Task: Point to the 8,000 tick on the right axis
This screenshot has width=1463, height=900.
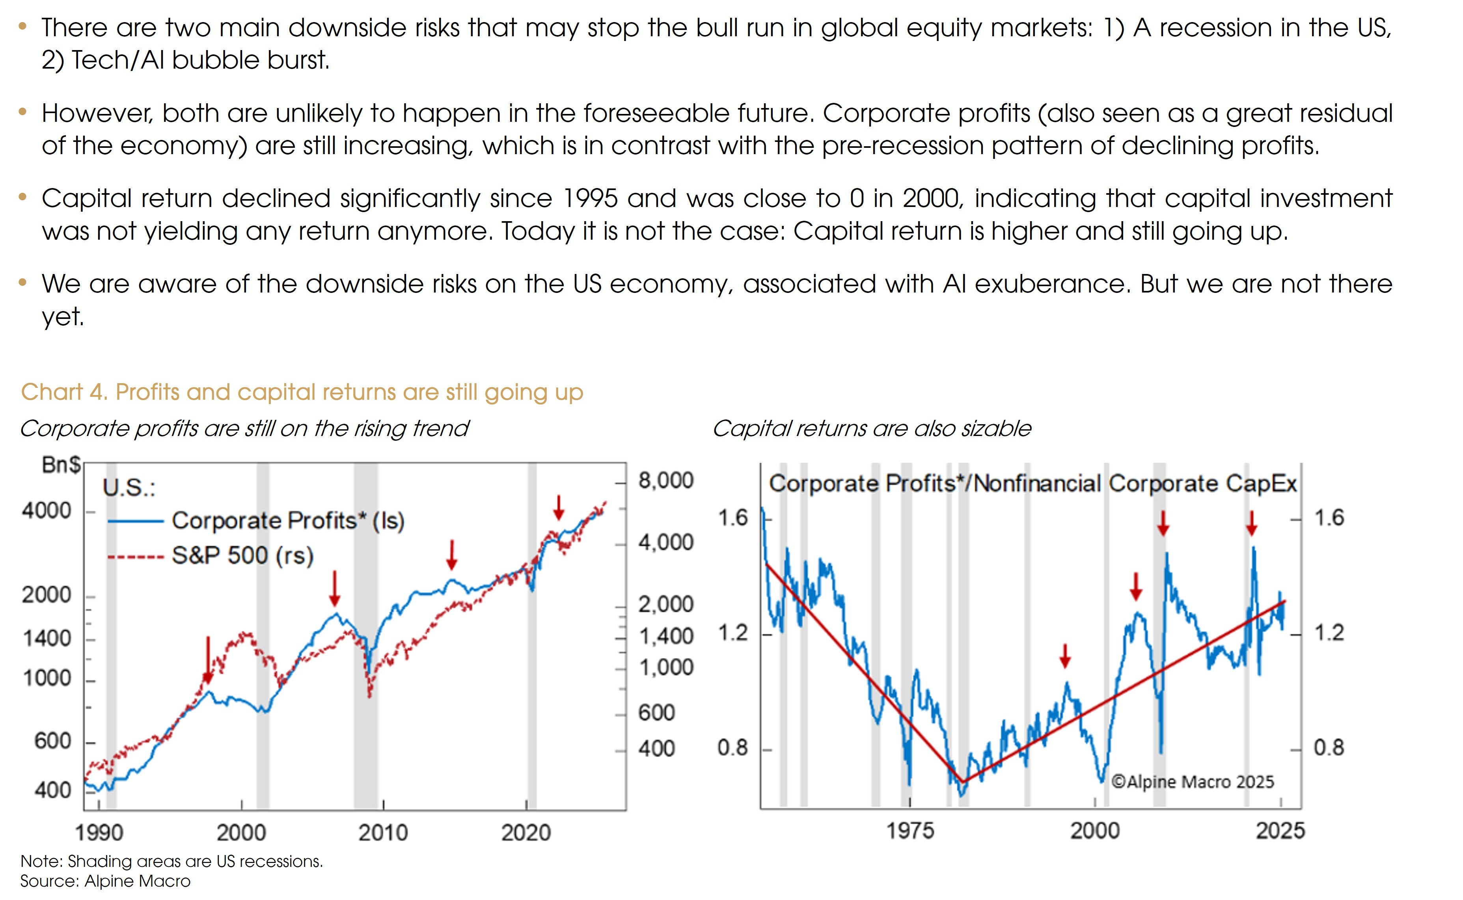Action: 665,481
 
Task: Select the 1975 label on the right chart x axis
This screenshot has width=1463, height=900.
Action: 910,830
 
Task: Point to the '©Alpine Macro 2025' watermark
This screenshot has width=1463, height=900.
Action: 1192,782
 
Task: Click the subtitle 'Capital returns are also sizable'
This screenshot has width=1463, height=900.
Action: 871,429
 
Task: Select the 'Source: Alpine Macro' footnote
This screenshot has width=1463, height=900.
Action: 105,881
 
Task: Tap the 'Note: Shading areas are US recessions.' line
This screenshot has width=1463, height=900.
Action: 171,861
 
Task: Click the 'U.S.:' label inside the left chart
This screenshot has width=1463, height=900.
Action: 129,488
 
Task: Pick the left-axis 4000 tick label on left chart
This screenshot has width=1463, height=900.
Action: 47,511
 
